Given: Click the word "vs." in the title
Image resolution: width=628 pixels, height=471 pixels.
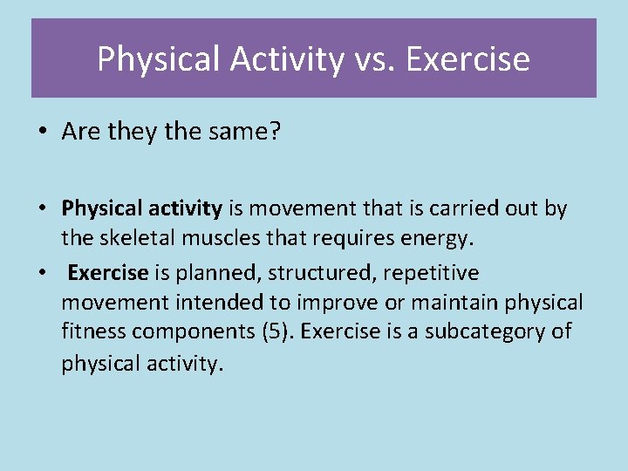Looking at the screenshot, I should pos(375,59).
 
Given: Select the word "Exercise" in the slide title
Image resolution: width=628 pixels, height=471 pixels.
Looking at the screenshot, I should pos(468,59).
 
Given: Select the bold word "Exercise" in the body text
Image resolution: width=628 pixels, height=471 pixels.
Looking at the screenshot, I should pos(108,273).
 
